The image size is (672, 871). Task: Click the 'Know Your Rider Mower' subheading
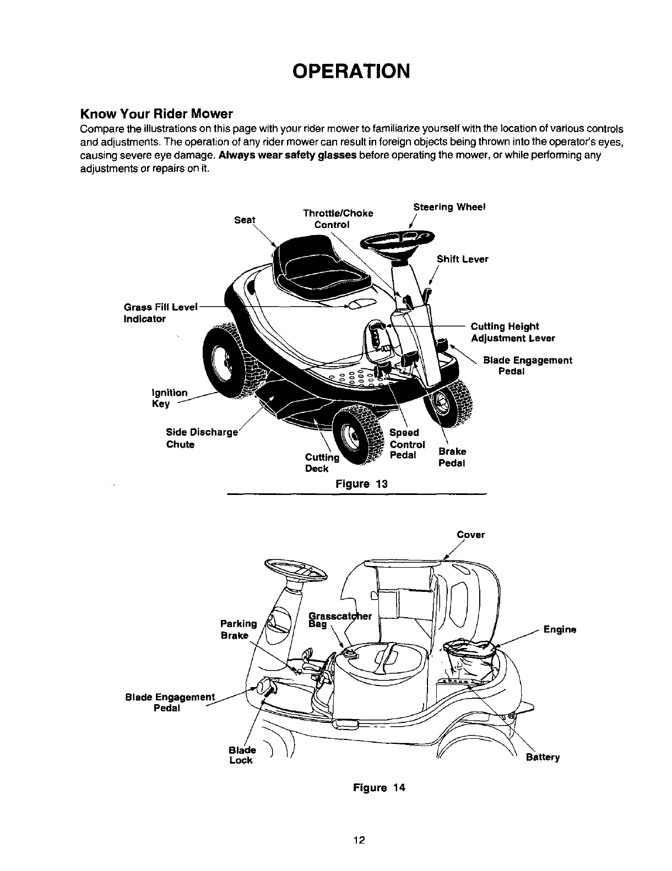pos(157,115)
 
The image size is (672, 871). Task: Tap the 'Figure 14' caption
pos(379,787)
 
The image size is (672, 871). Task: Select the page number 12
pos(359,840)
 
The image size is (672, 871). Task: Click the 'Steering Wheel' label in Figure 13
pos(448,208)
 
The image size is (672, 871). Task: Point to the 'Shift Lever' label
pos(462,259)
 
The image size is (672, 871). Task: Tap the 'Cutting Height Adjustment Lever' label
pos(512,332)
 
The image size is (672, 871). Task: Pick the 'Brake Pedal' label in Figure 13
pos(452,457)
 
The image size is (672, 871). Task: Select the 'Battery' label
pos(543,757)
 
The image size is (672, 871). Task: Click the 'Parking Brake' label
pos(238,629)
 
